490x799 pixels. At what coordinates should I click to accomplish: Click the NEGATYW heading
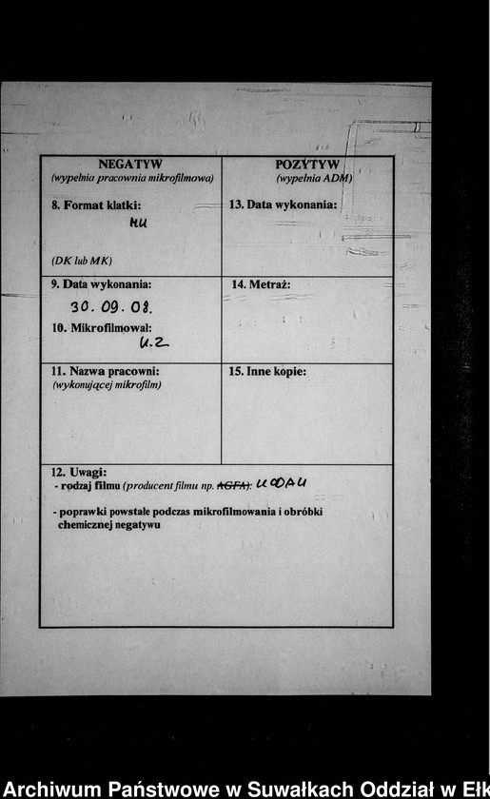(x=130, y=164)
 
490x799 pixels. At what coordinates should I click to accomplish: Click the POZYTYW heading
(x=307, y=164)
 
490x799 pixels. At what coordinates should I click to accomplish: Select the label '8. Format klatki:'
(x=96, y=205)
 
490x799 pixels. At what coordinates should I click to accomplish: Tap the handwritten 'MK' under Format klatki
(x=139, y=224)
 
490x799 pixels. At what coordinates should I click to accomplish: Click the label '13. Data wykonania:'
(x=284, y=205)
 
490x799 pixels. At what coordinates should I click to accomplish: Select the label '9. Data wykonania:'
(x=101, y=284)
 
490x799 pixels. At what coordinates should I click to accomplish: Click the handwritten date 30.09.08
(x=111, y=307)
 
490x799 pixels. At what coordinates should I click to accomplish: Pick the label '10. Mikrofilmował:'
(x=102, y=327)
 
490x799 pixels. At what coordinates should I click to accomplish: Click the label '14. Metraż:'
(x=261, y=284)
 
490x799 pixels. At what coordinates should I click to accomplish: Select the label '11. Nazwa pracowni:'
(x=105, y=371)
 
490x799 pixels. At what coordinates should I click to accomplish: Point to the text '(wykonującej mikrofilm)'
(x=106, y=384)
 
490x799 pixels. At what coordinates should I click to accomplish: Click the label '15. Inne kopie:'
(x=267, y=371)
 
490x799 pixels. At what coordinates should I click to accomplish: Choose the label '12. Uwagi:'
(x=79, y=472)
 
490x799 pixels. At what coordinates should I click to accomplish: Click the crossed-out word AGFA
(x=233, y=484)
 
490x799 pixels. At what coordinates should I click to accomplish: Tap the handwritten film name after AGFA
(x=282, y=482)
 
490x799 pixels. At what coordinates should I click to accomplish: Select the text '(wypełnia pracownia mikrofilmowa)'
(x=131, y=178)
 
